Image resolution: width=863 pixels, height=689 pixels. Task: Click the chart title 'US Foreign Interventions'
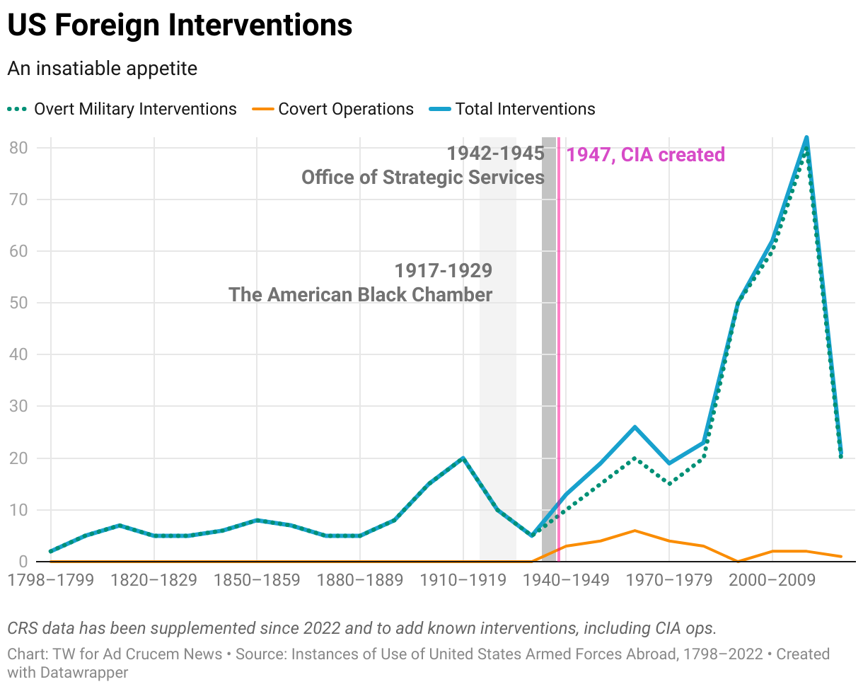click(180, 26)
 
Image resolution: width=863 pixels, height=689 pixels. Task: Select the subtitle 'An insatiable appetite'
click(102, 69)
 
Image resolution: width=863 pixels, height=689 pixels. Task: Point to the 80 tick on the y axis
click(18, 148)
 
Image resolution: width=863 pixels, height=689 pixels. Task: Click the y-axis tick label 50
click(18, 303)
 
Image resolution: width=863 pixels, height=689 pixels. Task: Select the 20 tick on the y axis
click(18, 458)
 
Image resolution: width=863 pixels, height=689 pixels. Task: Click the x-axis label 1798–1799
click(50, 581)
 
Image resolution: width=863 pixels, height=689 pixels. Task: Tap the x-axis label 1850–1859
click(257, 581)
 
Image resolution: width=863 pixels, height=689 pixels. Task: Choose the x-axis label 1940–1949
click(566, 581)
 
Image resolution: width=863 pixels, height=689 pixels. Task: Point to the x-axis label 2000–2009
click(772, 581)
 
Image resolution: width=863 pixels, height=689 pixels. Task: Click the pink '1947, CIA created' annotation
click(646, 155)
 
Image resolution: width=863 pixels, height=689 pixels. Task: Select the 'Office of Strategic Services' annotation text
click(423, 177)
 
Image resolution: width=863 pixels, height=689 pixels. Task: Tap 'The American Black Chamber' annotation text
click(360, 294)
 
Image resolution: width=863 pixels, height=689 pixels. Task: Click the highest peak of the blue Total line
click(806, 138)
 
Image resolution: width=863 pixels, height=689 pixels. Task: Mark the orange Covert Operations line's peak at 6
click(635, 531)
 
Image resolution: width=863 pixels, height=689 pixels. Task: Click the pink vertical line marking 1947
click(559, 354)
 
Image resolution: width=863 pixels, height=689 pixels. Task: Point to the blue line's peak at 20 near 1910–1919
click(463, 458)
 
